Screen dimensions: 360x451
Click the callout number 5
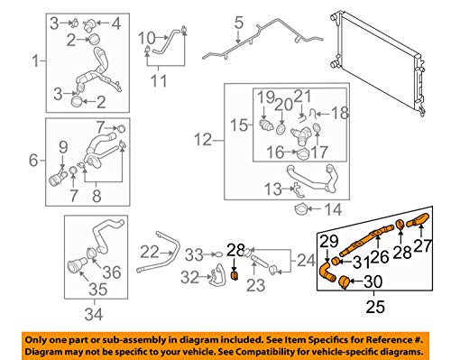239,23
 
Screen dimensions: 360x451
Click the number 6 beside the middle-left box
33,160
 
